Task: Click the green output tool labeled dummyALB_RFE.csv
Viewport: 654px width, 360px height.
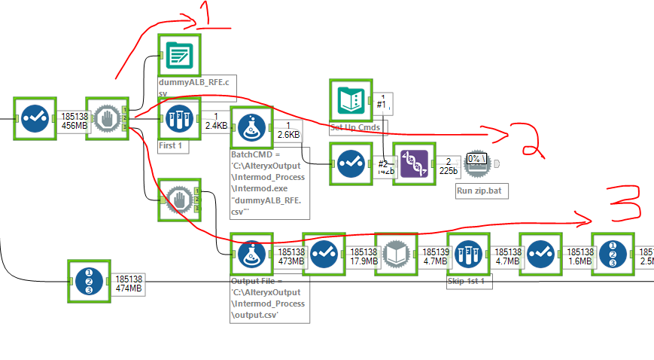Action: (x=179, y=55)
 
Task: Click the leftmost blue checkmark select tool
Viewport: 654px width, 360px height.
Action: (x=35, y=118)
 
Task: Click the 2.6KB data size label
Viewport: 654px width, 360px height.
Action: (x=288, y=133)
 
